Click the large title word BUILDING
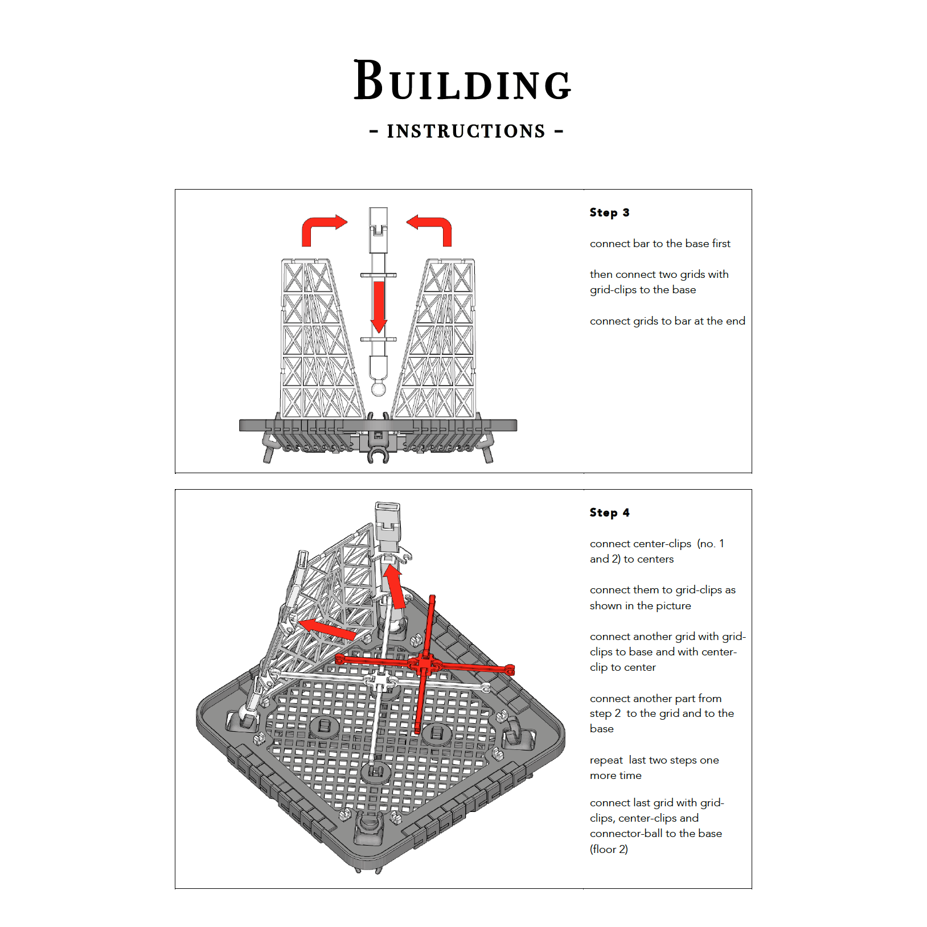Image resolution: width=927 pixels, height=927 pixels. (462, 81)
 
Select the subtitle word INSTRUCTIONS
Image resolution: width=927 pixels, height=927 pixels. (466, 131)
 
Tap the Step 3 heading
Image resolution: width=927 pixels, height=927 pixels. (609, 212)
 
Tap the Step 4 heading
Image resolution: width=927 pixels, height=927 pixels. (609, 512)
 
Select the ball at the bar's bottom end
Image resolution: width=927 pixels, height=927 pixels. (379, 389)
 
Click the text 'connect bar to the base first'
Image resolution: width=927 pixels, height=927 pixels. (659, 244)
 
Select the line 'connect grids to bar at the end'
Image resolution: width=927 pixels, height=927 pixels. (667, 321)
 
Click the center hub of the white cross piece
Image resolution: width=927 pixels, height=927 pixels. (381, 680)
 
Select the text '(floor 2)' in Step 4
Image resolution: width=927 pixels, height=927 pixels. (609, 849)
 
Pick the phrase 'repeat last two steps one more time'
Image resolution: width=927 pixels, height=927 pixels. (654, 768)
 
